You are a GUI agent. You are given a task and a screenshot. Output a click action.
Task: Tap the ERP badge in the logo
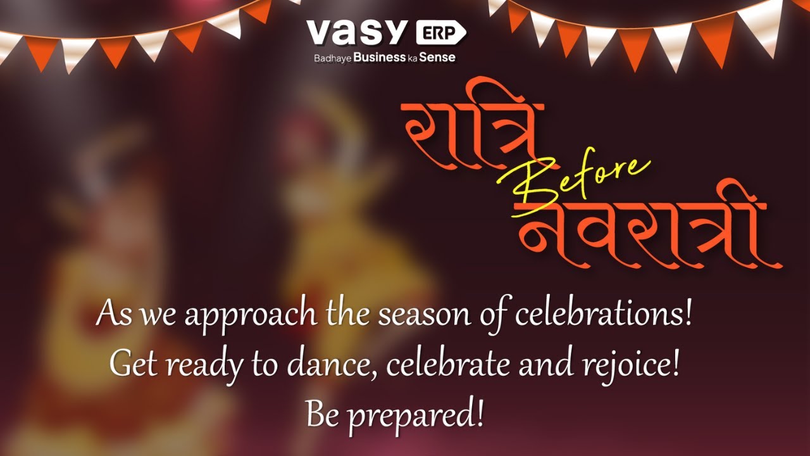440,32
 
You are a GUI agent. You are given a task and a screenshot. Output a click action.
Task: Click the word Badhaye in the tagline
332,58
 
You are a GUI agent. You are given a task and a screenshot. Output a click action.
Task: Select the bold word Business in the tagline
380,58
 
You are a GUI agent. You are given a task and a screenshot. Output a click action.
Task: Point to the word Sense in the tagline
438,58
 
